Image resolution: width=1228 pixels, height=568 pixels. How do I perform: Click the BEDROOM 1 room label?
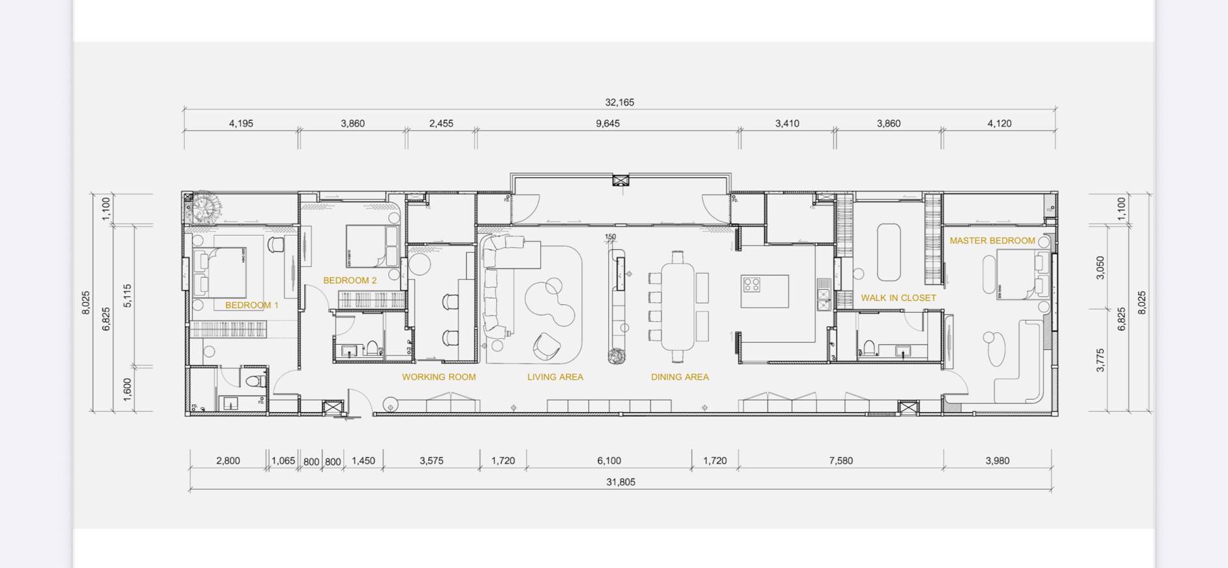point(252,305)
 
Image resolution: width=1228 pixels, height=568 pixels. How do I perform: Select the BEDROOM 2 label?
point(350,280)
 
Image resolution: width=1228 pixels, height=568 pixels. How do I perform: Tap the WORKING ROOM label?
point(438,377)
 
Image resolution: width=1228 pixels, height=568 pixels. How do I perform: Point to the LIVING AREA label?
point(555,377)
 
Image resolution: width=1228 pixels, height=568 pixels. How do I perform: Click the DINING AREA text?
point(679,377)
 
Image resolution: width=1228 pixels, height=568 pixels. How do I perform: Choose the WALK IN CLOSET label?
point(898,298)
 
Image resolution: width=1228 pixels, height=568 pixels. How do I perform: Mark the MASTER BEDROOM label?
point(992,240)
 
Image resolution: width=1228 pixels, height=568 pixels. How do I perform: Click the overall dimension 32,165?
point(619,102)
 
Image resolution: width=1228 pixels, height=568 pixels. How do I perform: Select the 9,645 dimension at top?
point(607,123)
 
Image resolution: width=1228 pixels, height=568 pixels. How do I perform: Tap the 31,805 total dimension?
point(621,482)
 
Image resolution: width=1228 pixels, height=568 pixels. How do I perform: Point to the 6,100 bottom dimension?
point(609,460)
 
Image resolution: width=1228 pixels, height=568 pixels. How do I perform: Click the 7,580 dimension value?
point(840,460)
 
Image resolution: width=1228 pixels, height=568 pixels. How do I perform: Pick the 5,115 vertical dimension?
point(128,296)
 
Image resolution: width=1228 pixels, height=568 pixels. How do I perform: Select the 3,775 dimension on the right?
point(1100,360)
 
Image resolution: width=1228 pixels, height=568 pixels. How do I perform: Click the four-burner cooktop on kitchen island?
point(752,285)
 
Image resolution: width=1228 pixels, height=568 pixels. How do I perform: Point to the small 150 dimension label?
point(610,237)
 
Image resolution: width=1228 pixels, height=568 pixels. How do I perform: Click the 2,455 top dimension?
point(441,123)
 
